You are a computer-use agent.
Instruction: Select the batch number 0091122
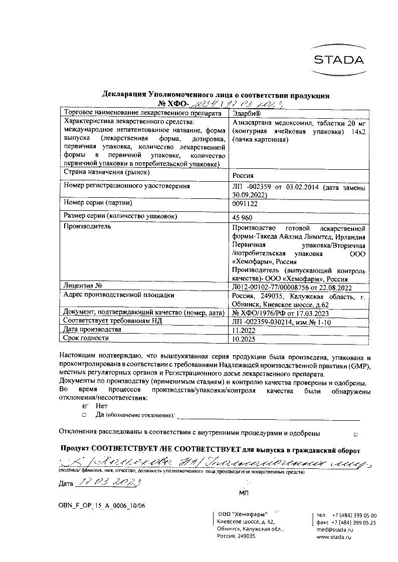click(245, 204)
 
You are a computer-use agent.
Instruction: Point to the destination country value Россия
click(244, 176)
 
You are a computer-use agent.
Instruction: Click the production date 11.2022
click(243, 331)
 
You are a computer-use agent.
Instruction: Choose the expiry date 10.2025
click(243, 339)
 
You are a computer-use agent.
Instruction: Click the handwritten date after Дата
click(107, 483)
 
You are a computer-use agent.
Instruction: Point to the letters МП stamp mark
click(244, 493)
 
